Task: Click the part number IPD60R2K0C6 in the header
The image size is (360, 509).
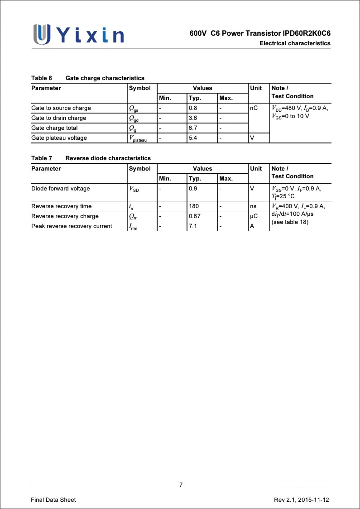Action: [x=307, y=34]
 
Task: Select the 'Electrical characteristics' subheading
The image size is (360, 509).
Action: [x=295, y=43]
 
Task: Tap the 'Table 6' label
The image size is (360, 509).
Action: [x=42, y=78]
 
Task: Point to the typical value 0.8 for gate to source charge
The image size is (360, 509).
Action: [x=193, y=108]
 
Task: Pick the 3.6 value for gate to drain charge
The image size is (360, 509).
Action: [x=193, y=118]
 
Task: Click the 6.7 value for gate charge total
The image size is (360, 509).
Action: [x=193, y=128]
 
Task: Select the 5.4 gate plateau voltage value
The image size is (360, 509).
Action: [x=193, y=138]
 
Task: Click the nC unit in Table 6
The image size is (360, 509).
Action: [x=254, y=108]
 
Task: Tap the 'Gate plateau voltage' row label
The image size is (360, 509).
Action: [x=59, y=138]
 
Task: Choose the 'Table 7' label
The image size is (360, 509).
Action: [x=42, y=158]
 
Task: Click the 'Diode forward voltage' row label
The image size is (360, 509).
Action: [x=60, y=189]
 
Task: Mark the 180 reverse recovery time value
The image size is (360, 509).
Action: [x=194, y=206]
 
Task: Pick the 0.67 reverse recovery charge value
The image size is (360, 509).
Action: [x=195, y=216]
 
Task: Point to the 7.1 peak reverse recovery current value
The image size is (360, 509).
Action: [x=193, y=226]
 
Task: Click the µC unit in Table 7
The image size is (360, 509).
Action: [x=254, y=216]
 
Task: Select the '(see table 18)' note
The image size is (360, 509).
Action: [x=290, y=222]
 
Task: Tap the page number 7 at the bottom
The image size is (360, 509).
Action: [x=181, y=485]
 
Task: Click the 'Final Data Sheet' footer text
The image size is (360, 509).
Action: [x=53, y=500]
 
